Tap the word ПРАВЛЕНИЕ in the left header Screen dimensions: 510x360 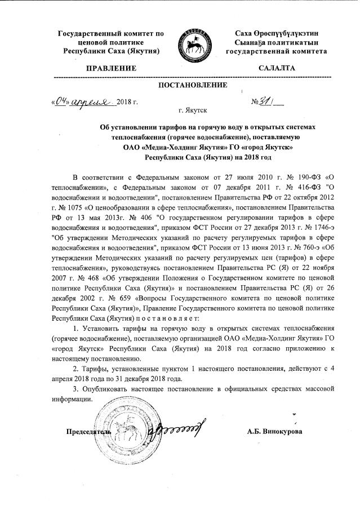click(x=111, y=68)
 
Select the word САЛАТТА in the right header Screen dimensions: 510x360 click(x=276, y=68)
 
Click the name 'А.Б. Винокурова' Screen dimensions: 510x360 click(x=274, y=431)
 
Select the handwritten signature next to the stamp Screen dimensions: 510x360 click(x=169, y=429)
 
